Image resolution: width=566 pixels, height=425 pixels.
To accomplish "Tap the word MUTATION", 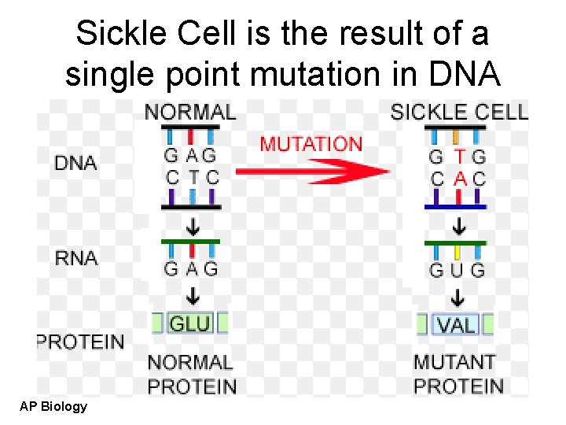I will [311, 144].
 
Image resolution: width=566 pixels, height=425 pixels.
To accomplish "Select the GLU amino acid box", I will [189, 323].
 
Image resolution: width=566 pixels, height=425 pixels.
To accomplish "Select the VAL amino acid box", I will [456, 324].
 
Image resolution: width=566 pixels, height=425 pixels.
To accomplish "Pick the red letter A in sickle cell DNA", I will [460, 179].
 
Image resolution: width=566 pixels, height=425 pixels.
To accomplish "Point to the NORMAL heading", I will [189, 112].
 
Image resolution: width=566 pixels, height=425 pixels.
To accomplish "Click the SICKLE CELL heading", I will [459, 112].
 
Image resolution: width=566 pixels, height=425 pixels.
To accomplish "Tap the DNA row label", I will [75, 163].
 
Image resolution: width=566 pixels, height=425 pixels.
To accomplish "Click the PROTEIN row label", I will [80, 342].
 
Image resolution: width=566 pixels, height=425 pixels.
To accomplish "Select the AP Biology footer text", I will [53, 406].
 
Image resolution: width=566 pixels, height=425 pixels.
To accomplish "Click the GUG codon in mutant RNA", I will [457, 270].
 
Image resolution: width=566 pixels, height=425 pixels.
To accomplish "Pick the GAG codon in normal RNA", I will [190, 268].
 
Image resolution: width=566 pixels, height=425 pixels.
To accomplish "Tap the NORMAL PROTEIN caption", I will [192, 375].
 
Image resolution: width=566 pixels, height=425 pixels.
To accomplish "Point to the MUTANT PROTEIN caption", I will [458, 375].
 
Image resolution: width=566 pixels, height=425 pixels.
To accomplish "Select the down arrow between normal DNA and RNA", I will [191, 225].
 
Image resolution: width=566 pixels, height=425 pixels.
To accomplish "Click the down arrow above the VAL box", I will [458, 298].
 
